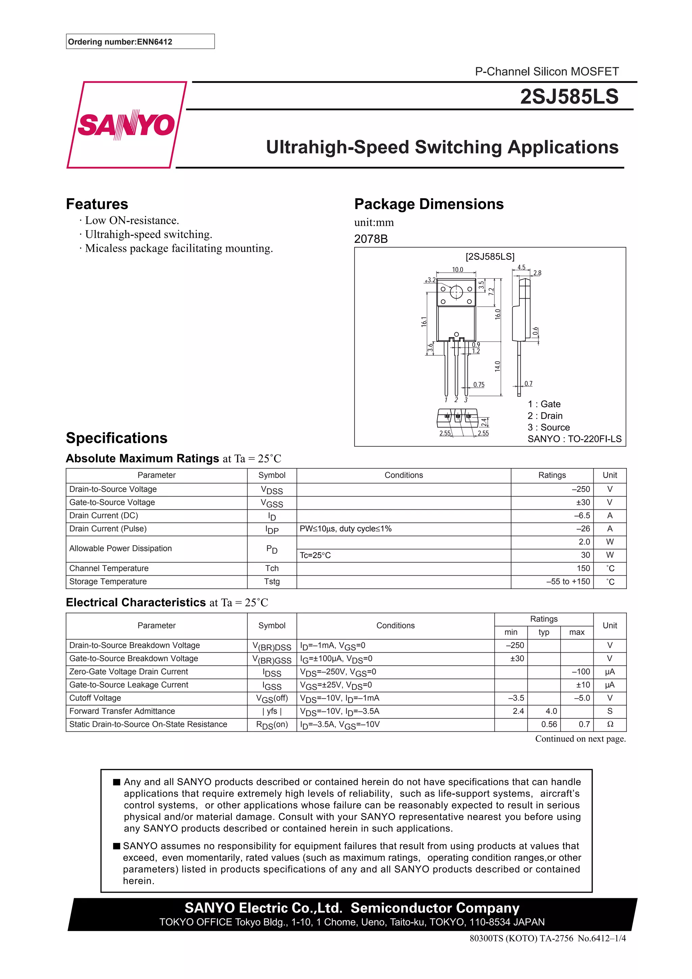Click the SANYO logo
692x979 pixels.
(126, 125)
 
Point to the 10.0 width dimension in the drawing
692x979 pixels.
(457, 270)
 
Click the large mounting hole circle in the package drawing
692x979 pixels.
(456, 292)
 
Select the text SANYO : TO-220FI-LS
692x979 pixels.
(574, 439)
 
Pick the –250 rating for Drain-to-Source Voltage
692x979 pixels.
(581, 489)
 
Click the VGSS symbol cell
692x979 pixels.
(272, 503)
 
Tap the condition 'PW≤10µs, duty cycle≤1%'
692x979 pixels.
(345, 529)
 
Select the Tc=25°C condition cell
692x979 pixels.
(315, 555)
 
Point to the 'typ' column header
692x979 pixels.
(544, 632)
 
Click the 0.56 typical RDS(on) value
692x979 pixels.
(549, 724)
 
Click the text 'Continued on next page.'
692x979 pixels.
(580, 738)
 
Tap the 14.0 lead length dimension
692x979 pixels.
(497, 366)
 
